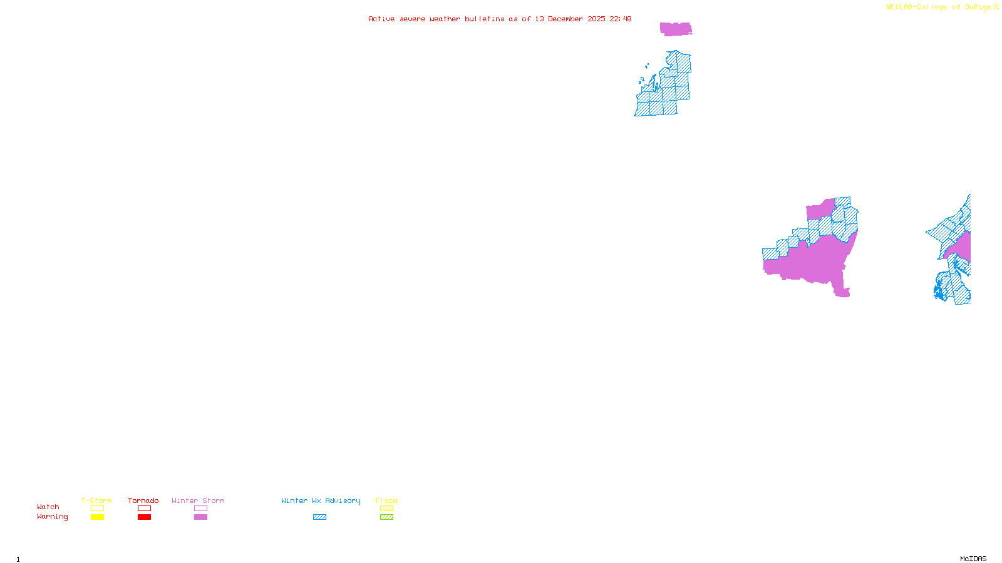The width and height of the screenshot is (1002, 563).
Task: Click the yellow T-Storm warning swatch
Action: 97,517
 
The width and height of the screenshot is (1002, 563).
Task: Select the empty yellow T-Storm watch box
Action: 97,509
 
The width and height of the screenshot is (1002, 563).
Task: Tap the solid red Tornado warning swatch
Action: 144,517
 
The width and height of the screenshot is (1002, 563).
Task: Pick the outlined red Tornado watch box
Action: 144,509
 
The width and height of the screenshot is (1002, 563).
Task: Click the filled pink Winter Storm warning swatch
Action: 200,517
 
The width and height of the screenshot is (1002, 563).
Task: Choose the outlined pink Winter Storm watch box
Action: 200,509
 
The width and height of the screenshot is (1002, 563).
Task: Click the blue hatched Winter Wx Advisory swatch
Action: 319,517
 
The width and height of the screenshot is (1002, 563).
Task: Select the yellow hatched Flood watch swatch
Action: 386,509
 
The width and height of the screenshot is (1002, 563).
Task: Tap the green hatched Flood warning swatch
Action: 386,517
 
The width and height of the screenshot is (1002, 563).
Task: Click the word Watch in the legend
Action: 48,507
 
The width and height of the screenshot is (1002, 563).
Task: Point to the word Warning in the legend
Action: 52,517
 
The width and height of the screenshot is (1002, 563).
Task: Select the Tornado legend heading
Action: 143,500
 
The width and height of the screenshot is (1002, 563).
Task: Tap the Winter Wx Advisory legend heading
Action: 321,500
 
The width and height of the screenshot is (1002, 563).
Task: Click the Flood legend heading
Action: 386,500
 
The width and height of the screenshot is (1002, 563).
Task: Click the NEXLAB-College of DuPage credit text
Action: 938,8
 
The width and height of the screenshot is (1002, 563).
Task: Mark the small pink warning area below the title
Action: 676,29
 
